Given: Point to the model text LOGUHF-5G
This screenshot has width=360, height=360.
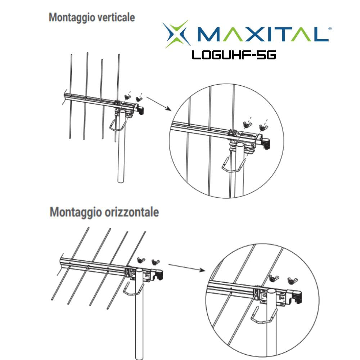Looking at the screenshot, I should pyautogui.click(x=234, y=55).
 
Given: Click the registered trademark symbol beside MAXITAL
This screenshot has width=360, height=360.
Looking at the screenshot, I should pyautogui.click(x=330, y=28).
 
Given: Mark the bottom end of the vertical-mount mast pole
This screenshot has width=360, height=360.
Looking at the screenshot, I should pyautogui.click(x=123, y=182).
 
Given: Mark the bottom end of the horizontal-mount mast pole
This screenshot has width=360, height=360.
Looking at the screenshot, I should pyautogui.click(x=139, y=356).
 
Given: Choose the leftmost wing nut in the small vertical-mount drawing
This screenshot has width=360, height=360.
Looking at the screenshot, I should pyautogui.click(x=127, y=96).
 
